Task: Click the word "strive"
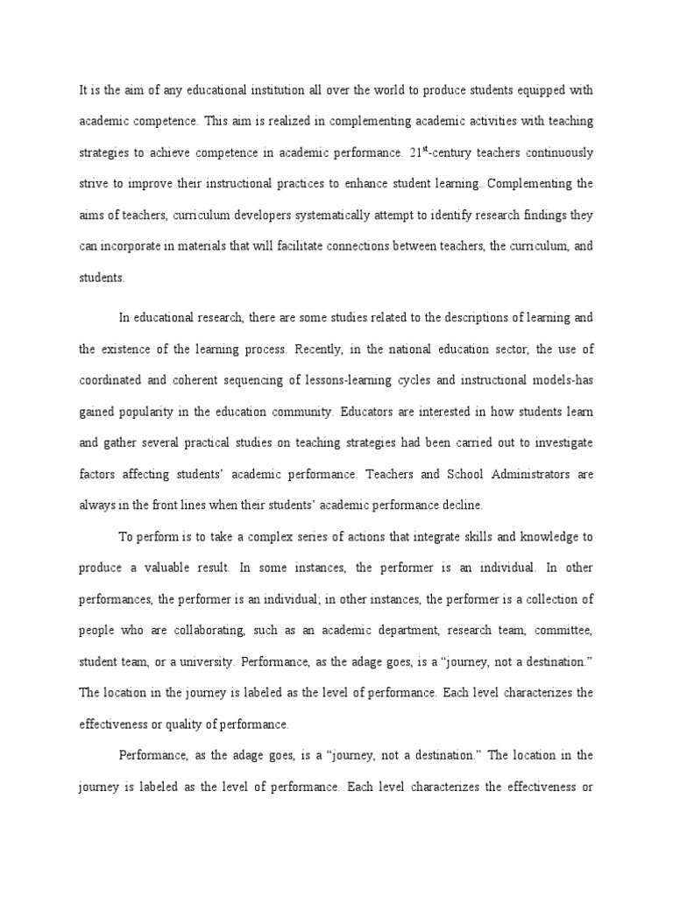pyautogui.click(x=94, y=184)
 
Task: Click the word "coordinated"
pyautogui.click(x=117, y=380)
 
